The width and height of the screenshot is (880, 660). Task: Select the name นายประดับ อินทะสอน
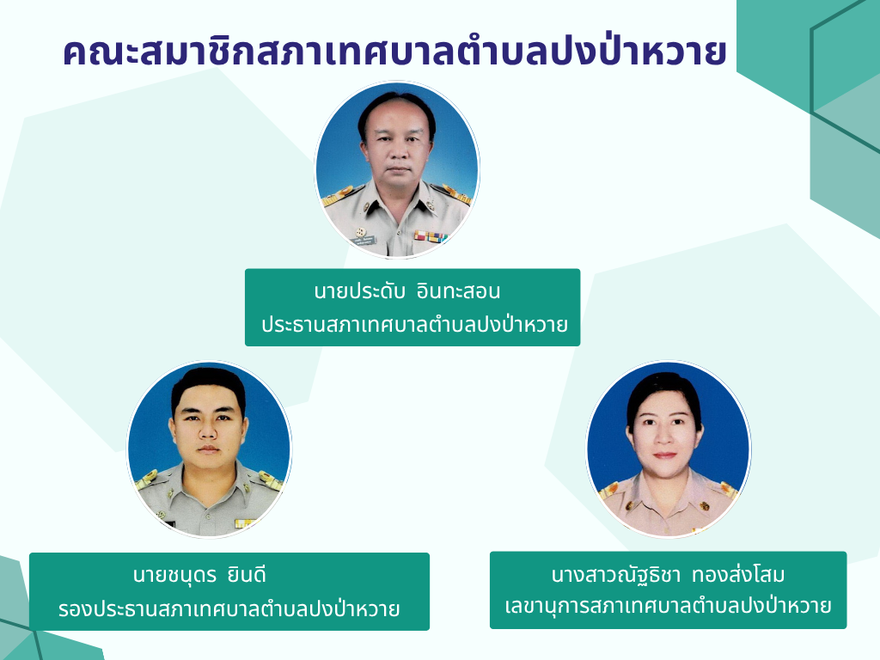(406, 291)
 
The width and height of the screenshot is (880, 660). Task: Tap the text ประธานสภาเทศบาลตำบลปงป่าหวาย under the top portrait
(414, 324)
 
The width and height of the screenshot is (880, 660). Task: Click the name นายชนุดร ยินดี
(199, 575)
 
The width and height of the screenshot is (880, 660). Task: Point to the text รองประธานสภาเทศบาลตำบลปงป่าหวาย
(229, 608)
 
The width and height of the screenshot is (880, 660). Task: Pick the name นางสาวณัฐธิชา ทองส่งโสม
(668, 574)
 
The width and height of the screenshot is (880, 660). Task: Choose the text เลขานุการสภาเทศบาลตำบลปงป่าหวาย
(668, 606)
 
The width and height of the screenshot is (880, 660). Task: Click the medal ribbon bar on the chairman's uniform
(430, 236)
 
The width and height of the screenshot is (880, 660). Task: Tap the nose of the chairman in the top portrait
(399, 153)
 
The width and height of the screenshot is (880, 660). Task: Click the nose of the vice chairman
(208, 431)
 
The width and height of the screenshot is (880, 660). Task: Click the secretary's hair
(664, 393)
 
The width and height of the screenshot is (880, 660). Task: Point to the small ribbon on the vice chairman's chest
(246, 523)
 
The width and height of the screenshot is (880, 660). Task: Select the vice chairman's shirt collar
(209, 482)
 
